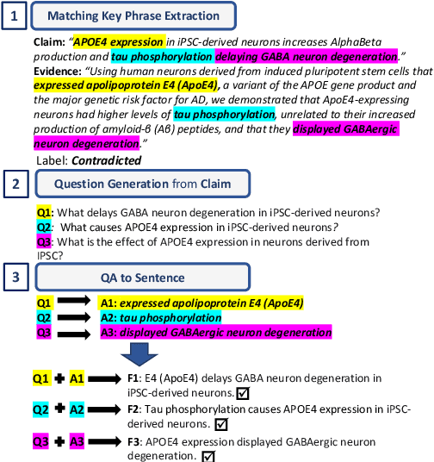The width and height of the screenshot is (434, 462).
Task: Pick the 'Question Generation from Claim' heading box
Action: (142, 184)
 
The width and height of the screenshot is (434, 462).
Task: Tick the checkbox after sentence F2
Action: (221, 424)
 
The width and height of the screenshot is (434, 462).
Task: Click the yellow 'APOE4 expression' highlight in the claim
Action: (119, 41)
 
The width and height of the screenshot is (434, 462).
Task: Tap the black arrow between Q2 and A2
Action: (76, 318)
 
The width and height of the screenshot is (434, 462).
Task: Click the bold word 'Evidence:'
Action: (59, 70)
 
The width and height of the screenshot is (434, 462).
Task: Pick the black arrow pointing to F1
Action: (105, 379)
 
